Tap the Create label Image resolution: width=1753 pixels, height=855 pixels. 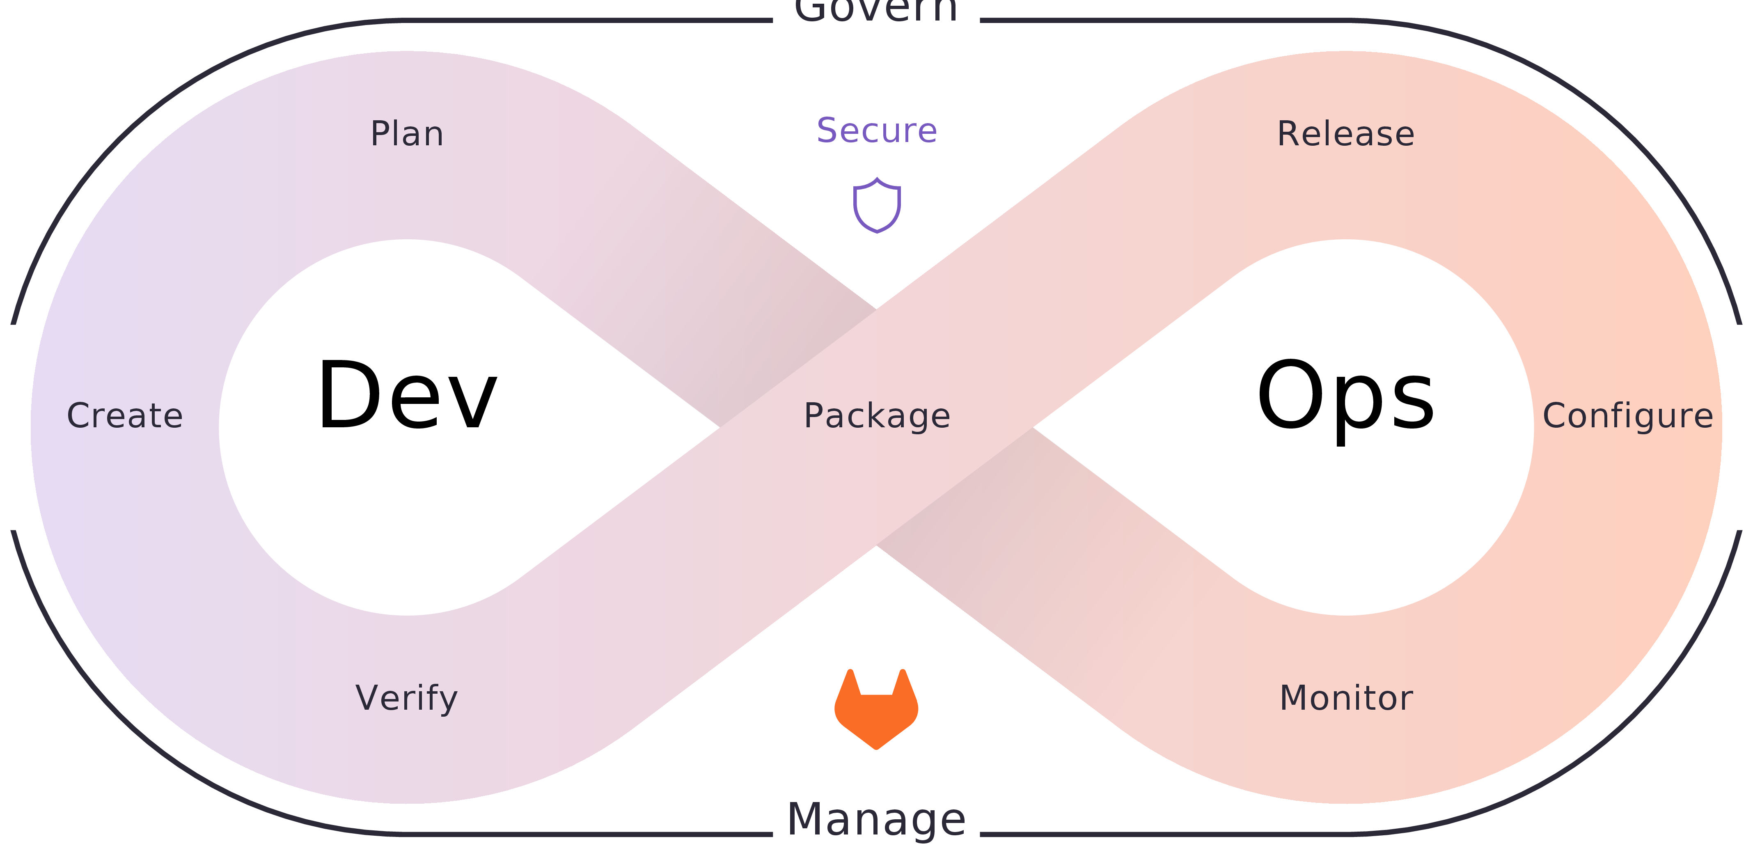click(124, 415)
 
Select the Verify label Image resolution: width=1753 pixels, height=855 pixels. click(407, 699)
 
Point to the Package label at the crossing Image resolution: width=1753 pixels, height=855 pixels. click(877, 415)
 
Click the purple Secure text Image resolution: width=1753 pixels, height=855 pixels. click(877, 130)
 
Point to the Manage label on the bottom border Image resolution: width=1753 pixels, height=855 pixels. click(877, 820)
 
